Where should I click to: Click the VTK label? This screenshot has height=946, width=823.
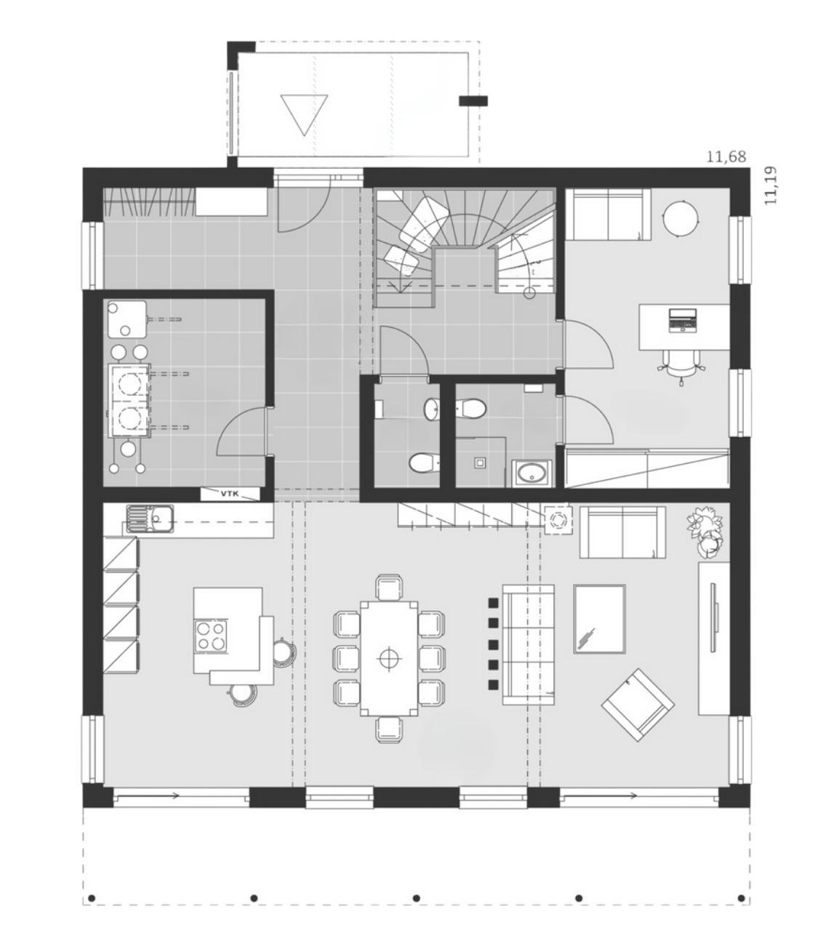(229, 494)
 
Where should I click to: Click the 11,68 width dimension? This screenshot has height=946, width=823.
(726, 157)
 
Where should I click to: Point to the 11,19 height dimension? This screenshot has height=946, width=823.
(771, 185)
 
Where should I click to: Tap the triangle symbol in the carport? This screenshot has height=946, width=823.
(304, 115)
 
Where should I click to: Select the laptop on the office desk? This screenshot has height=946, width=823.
(683, 321)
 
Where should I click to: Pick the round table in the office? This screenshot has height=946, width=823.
(680, 219)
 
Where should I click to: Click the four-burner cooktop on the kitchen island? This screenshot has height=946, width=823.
(212, 636)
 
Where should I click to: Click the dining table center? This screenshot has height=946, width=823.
(389, 658)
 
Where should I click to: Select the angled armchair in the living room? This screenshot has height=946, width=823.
(638, 705)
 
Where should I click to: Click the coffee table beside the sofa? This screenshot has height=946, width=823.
(599, 619)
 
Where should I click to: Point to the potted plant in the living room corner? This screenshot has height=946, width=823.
(704, 532)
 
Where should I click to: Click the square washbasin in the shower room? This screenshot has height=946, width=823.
(531, 473)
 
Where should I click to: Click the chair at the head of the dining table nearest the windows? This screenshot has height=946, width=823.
(389, 729)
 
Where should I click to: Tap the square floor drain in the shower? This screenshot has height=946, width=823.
(480, 462)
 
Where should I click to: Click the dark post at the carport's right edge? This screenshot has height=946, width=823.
(473, 101)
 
